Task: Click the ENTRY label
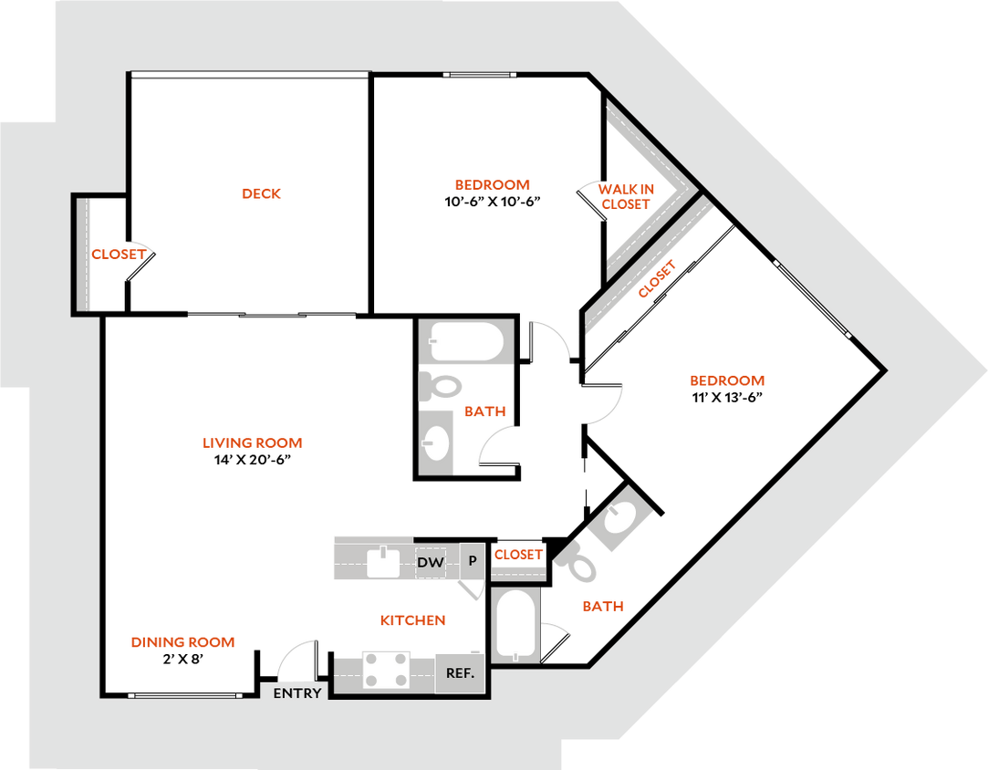pyautogui.click(x=297, y=693)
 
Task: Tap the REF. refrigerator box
pyautogui.click(x=460, y=674)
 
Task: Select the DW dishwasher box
pyautogui.click(x=431, y=563)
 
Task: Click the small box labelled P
pyautogui.click(x=472, y=561)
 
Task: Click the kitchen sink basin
pyautogui.click(x=384, y=562)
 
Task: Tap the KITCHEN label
pyautogui.click(x=413, y=620)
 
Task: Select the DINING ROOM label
pyautogui.click(x=183, y=642)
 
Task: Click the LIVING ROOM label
pyautogui.click(x=252, y=443)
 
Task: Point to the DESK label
pyautogui.click(x=263, y=193)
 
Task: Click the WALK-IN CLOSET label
pyautogui.click(x=626, y=197)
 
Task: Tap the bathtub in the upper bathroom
pyautogui.click(x=466, y=343)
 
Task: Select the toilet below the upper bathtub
pyautogui.click(x=439, y=386)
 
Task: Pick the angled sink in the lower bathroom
pyautogui.click(x=619, y=520)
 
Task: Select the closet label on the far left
pyautogui.click(x=119, y=255)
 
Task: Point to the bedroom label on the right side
pyautogui.click(x=726, y=381)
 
